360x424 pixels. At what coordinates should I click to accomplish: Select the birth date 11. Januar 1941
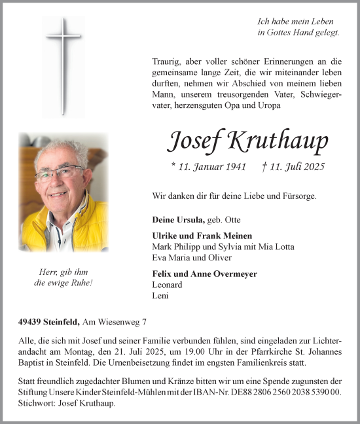(x=208, y=167)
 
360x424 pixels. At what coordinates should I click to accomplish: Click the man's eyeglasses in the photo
(x=58, y=174)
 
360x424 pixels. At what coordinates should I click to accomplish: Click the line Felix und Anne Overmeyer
(x=205, y=274)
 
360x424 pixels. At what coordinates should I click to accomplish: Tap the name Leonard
(x=168, y=285)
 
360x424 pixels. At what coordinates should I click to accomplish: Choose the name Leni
(x=160, y=295)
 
